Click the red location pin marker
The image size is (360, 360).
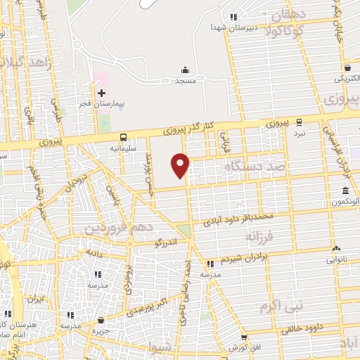pyautogui.click(x=181, y=165)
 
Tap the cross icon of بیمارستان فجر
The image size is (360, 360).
pyautogui.click(x=101, y=93)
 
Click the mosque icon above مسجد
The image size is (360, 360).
pyautogui.click(x=185, y=70)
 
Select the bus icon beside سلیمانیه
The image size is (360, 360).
pyautogui.click(x=124, y=137)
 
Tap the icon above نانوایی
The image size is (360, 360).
pyautogui.click(x=336, y=248)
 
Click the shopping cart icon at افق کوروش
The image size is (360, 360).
pyautogui.click(x=244, y=337)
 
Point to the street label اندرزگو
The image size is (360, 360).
pyautogui.click(x=166, y=243)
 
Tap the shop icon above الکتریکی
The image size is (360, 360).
pyautogui.click(x=347, y=68)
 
